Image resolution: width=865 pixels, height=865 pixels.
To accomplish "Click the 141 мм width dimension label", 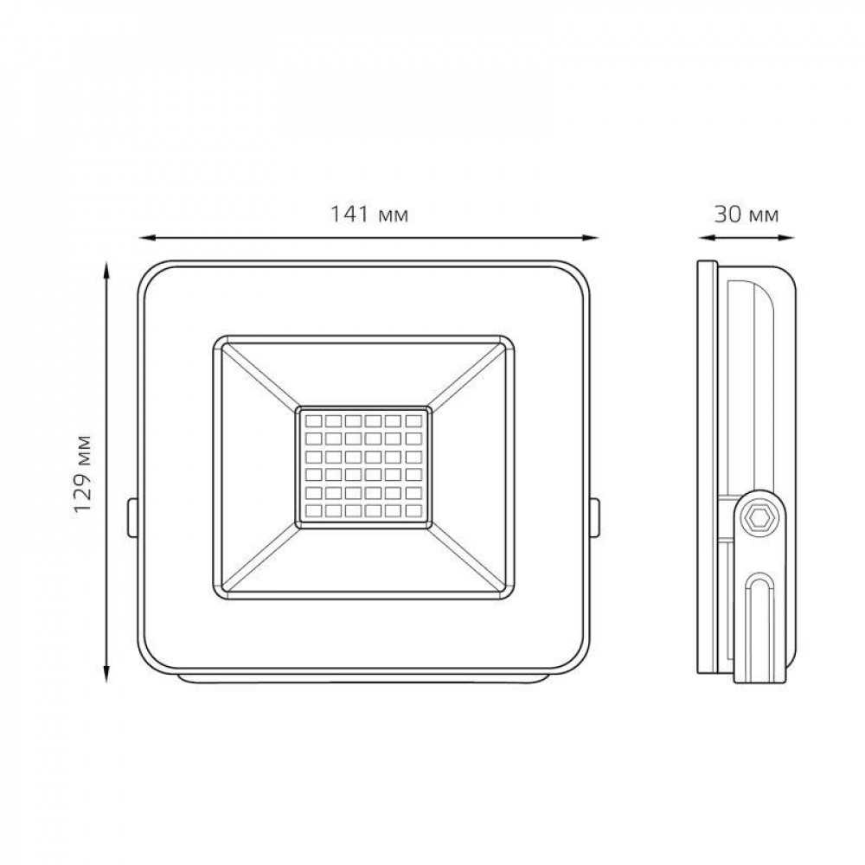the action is (x=369, y=214).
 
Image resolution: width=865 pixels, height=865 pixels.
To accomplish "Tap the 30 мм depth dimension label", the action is (x=746, y=214).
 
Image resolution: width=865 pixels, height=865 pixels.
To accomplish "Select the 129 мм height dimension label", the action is (x=83, y=473).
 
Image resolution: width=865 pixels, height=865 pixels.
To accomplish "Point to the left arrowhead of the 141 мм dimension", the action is (x=145, y=238).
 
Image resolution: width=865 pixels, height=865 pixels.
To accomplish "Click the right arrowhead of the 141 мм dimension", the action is (x=592, y=238).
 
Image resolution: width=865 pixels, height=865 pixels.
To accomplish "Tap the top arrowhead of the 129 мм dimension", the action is (x=107, y=270).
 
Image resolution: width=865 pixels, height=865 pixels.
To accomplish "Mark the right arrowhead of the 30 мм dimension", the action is (x=786, y=238).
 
